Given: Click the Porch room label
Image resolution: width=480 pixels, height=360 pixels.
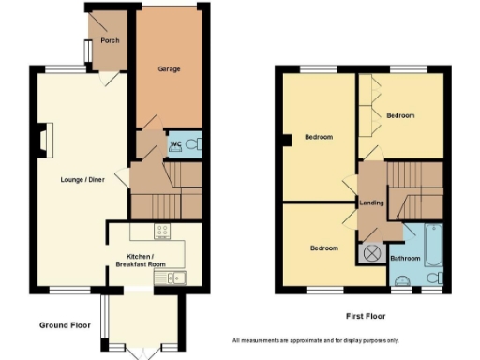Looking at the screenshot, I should pyautogui.click(x=110, y=40).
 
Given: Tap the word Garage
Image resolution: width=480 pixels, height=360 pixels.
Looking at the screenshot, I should pyautogui.click(x=169, y=68).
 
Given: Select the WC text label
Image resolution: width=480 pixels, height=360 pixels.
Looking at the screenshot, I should pyautogui.click(x=175, y=144).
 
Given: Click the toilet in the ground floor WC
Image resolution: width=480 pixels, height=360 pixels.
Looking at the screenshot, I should pyautogui.click(x=192, y=144).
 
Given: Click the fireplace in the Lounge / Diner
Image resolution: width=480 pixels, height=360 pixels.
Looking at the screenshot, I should pyautogui.click(x=44, y=139).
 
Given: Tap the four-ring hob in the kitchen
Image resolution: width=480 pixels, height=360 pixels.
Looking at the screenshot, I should pyautogui.click(x=162, y=231).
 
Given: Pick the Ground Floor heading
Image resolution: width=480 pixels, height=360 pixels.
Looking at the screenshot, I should pyautogui.click(x=65, y=324).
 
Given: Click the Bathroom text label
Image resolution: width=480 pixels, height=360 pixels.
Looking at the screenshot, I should pyautogui.click(x=405, y=258).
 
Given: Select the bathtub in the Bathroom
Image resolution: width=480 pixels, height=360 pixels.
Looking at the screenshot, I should pyautogui.click(x=433, y=246).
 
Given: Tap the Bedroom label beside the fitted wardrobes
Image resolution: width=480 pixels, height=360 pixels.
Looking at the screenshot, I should pyautogui.click(x=400, y=115).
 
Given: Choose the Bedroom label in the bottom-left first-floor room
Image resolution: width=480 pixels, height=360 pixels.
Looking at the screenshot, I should pyautogui.click(x=324, y=247).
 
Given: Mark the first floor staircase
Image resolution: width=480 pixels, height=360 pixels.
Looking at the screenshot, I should pyautogui.click(x=413, y=188).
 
